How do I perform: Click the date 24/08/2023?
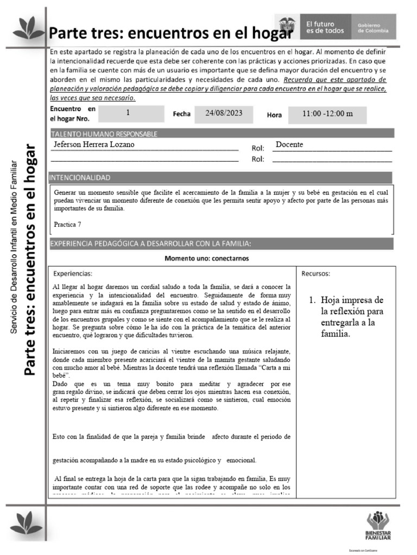(x=227, y=113)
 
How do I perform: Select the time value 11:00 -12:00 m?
(x=327, y=114)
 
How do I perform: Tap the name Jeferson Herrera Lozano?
(x=93, y=145)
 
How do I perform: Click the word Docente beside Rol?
(x=289, y=145)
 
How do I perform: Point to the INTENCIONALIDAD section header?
(x=80, y=178)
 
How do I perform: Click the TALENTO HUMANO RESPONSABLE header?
(x=104, y=134)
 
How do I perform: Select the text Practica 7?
(x=68, y=224)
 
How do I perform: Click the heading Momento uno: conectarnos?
(x=207, y=258)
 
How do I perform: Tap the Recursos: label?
(x=315, y=273)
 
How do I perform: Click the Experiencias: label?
(x=73, y=273)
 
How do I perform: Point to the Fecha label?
(x=182, y=114)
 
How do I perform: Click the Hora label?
(x=274, y=115)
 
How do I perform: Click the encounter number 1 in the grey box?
(x=128, y=113)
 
